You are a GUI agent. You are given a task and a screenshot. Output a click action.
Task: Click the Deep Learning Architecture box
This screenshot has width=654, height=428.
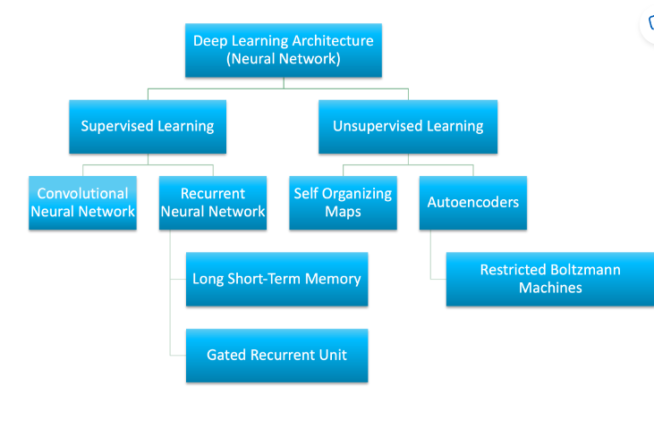284,50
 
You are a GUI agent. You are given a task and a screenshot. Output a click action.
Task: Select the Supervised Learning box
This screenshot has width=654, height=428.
148,126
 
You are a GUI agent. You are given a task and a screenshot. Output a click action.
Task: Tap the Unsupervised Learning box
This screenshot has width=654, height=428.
408,126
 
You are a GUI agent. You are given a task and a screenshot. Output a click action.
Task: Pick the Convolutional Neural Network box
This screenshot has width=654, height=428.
82,203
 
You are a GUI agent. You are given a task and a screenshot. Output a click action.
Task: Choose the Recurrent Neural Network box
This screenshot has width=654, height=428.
213,203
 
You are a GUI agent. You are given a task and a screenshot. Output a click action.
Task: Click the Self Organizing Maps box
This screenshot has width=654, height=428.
344,203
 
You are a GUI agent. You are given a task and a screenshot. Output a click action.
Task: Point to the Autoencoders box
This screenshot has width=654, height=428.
473,203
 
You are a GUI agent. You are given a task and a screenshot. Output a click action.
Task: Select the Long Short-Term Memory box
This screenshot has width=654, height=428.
276,279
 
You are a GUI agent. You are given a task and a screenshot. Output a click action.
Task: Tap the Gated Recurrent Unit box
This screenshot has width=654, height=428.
276,355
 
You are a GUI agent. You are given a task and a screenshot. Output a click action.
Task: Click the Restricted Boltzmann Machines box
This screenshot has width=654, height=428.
550,279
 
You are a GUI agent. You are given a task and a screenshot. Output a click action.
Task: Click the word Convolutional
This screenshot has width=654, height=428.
82,194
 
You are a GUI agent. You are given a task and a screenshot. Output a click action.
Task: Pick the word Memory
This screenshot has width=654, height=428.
333,279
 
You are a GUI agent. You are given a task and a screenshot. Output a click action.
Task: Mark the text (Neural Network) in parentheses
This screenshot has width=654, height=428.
284,60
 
